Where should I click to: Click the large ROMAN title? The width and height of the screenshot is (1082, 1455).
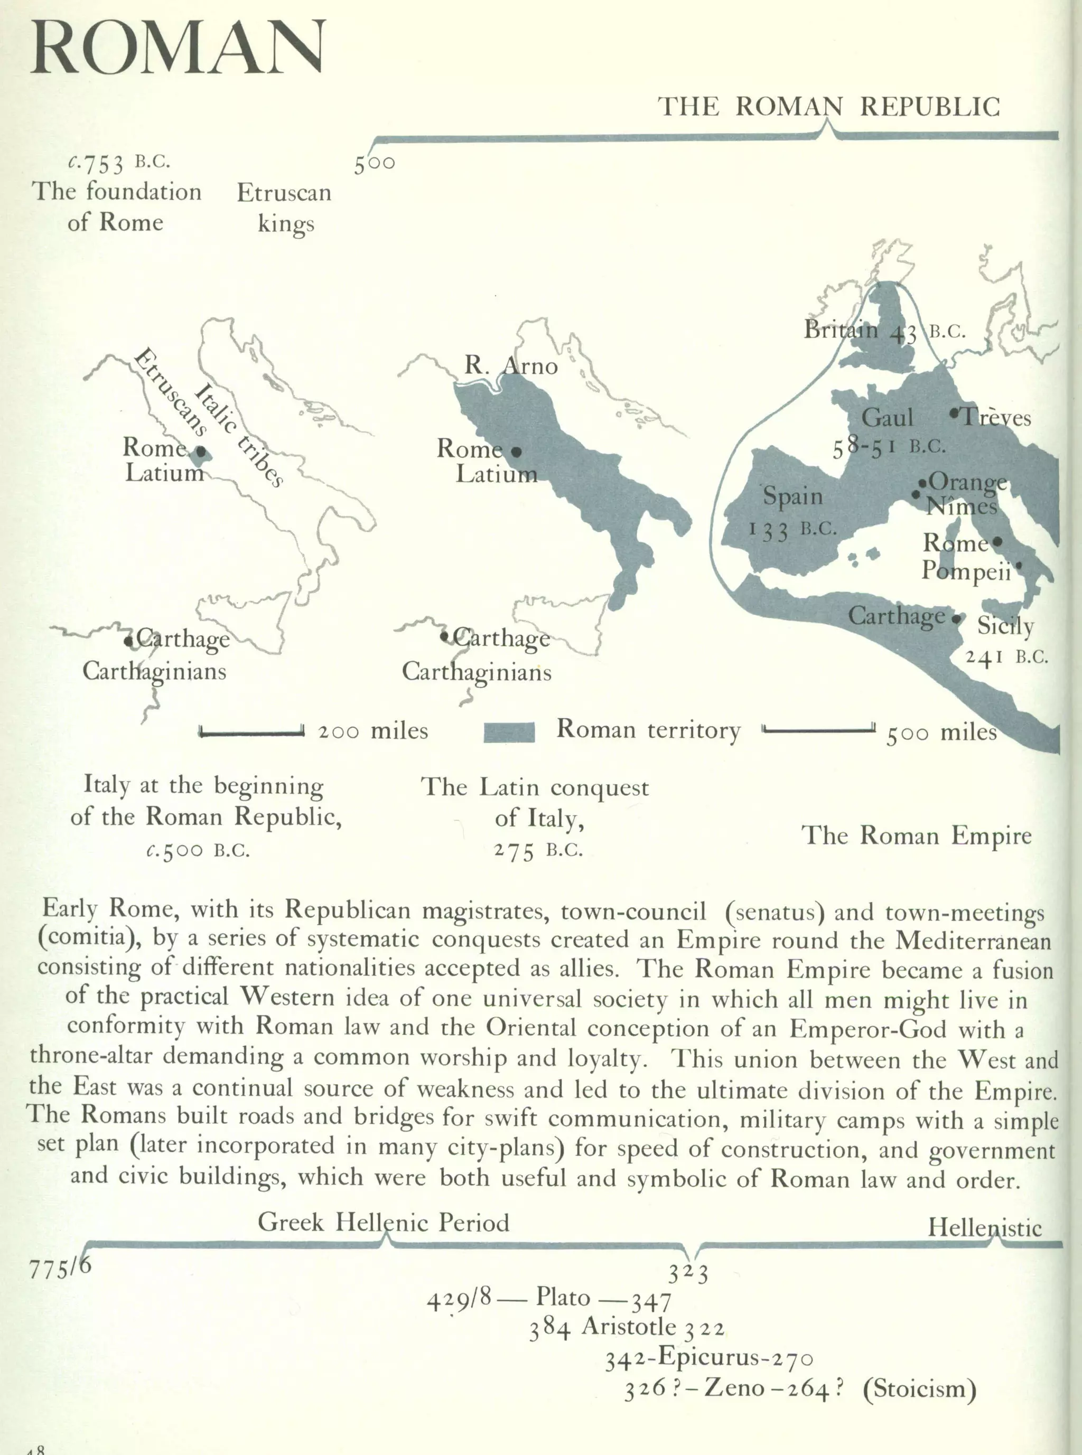tap(177, 47)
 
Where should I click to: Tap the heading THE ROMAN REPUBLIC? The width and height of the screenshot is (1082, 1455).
tap(828, 107)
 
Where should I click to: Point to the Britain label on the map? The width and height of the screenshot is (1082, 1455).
tap(841, 330)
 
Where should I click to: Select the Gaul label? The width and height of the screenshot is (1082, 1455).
tap(887, 417)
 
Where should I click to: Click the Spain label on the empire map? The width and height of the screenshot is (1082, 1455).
tap(792, 496)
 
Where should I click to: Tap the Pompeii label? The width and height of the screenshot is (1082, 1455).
tap(966, 571)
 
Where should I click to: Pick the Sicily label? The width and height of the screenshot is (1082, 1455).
tap(1005, 625)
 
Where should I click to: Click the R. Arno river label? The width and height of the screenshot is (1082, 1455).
tap(511, 365)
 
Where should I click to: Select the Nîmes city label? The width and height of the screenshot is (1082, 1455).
tap(962, 506)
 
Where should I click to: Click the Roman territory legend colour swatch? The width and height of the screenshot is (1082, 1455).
tap(509, 731)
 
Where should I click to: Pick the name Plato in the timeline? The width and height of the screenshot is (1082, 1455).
tap(563, 1296)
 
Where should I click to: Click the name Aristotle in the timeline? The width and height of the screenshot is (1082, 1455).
tap(628, 1326)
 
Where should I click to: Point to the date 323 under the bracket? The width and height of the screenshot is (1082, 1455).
tap(688, 1274)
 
